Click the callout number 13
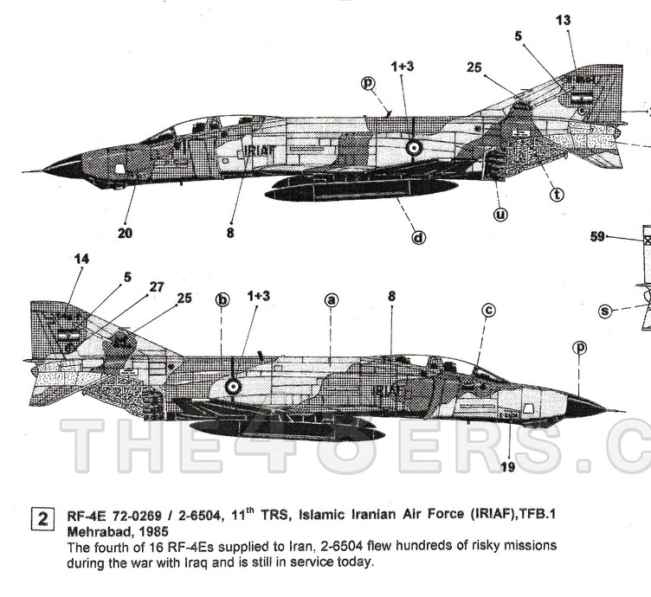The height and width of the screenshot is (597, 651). coord(564,20)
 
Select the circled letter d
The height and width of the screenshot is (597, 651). coord(418,236)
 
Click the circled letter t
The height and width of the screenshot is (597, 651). coord(557,195)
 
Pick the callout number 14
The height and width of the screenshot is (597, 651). coord(81,258)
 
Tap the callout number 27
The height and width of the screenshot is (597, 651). coord(157,286)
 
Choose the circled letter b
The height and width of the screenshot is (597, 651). coord(222,300)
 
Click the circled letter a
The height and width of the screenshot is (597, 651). coord(330,300)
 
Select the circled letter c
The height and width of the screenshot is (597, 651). coord(488,310)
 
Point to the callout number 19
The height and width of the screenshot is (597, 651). coord(509,468)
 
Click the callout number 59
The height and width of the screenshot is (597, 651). coord(597,235)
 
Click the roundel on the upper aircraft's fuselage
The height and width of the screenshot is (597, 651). coord(415,147)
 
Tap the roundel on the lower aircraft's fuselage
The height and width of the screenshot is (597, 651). coord(233,387)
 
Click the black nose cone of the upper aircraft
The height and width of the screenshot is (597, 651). coord(62,166)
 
